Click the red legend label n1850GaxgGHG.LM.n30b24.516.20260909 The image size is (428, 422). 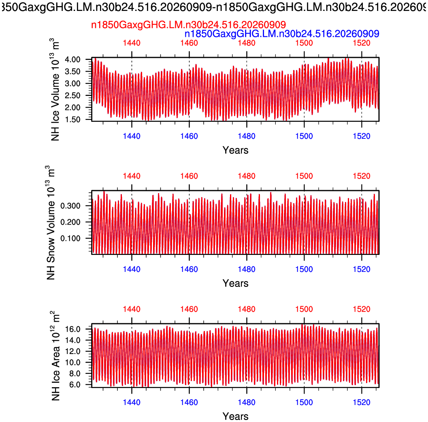pyautogui.click(x=188, y=25)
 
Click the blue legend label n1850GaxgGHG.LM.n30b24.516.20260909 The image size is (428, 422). pyautogui.click(x=282, y=34)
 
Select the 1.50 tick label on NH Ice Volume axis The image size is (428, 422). pyautogui.click(x=72, y=119)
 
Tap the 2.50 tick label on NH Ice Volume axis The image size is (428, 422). pyautogui.click(x=72, y=95)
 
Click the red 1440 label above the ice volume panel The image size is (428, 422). pyautogui.click(x=132, y=43)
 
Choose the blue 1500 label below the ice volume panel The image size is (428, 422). pyautogui.click(x=304, y=136)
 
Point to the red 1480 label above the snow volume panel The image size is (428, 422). pyautogui.click(x=247, y=176)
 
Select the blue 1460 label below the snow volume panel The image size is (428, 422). pyautogui.click(x=189, y=269)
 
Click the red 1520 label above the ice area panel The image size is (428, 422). pyautogui.click(x=362, y=310)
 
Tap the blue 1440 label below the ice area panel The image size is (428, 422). pyautogui.click(x=132, y=402)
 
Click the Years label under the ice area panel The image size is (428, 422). pyautogui.click(x=235, y=417)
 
